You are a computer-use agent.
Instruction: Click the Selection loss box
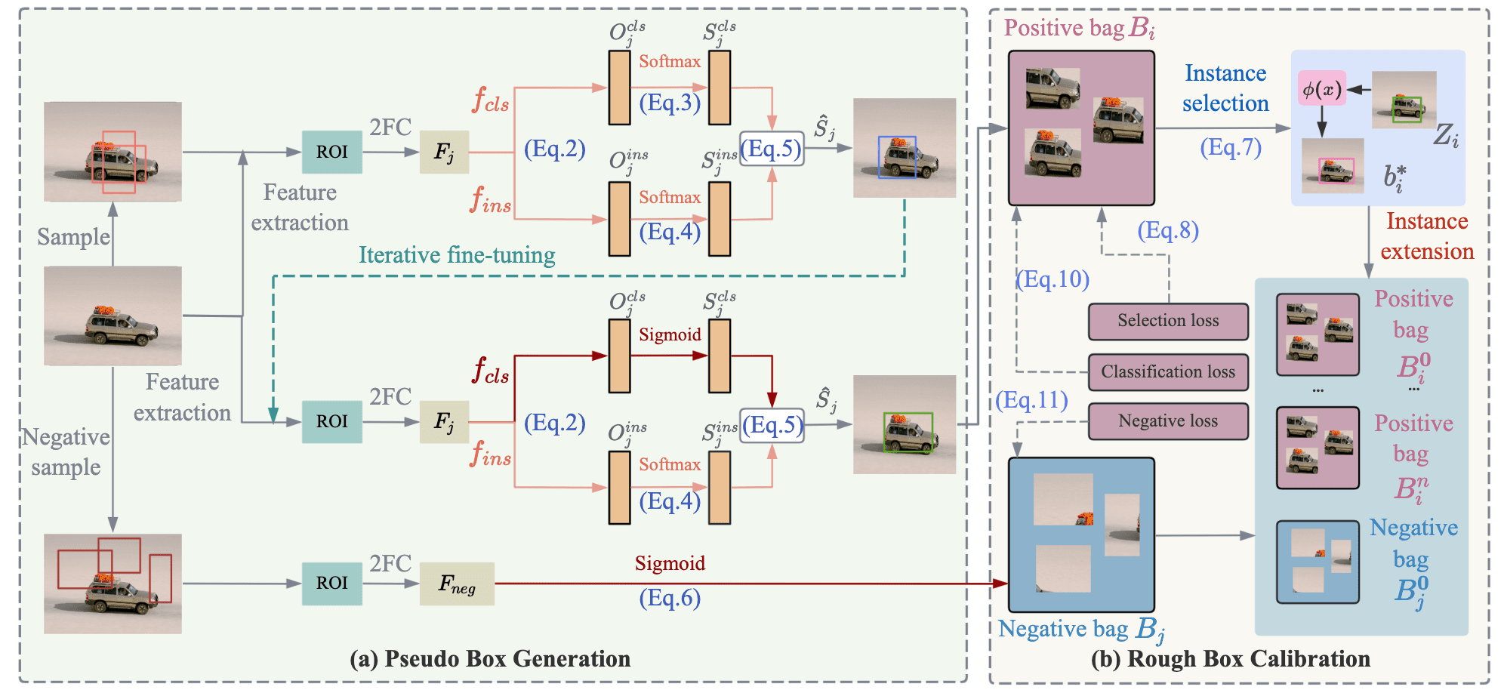pyautogui.click(x=1167, y=321)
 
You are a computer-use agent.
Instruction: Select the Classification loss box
pyautogui.click(x=1167, y=371)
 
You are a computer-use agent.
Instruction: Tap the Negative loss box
pyautogui.click(x=1167, y=421)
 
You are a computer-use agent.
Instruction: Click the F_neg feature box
pyautogui.click(x=457, y=584)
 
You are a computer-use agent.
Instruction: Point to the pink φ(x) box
pyautogui.click(x=1321, y=89)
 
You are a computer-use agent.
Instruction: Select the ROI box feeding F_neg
pyautogui.click(x=331, y=584)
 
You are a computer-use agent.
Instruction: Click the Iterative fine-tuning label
pyautogui.click(x=457, y=255)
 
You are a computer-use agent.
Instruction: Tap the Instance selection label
pyautogui.click(x=1225, y=88)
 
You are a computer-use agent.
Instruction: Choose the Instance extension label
pyautogui.click(x=1427, y=236)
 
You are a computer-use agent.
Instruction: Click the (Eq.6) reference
pyautogui.click(x=670, y=598)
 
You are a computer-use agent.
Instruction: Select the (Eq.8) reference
pyautogui.click(x=1168, y=229)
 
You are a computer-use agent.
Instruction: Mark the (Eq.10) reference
pyautogui.click(x=1052, y=279)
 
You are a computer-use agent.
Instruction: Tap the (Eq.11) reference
pyautogui.click(x=1031, y=399)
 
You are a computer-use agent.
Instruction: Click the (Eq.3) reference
pyautogui.click(x=670, y=102)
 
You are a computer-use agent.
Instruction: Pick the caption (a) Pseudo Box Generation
pyautogui.click(x=490, y=659)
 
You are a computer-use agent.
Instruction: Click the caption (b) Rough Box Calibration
pyautogui.click(x=1231, y=659)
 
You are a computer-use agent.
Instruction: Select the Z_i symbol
pyautogui.click(x=1446, y=136)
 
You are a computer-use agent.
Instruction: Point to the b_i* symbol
pyautogui.click(x=1394, y=178)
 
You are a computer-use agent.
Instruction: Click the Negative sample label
pyautogui.click(x=66, y=452)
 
